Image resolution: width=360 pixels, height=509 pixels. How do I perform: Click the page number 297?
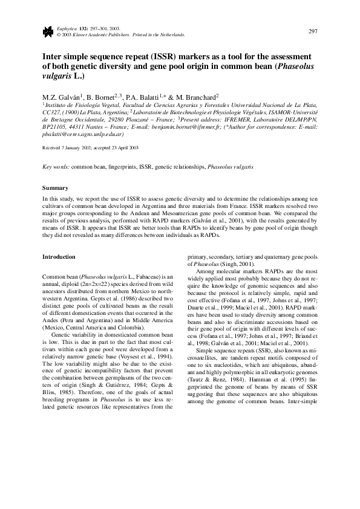pyautogui.click(x=313, y=31)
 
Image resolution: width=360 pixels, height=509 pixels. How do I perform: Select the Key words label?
pyautogui.click(x=56, y=165)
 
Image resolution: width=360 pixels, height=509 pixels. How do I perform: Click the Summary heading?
pyautogui.click(x=54, y=187)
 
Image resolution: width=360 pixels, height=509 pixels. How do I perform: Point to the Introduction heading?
pyautogui.click(x=59, y=257)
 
